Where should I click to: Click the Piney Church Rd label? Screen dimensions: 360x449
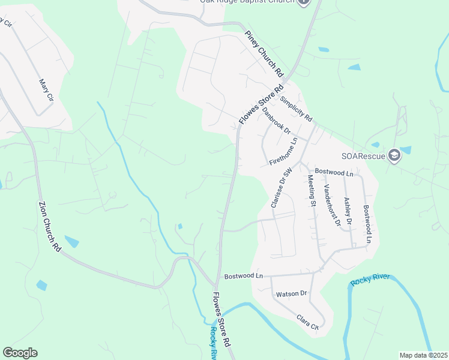tap(264, 53)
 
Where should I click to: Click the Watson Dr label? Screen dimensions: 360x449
tap(291, 294)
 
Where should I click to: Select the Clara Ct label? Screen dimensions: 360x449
tap(307, 322)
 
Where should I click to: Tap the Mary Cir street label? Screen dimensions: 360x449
tap(46, 91)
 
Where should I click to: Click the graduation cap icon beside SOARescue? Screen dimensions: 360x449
tap(394, 156)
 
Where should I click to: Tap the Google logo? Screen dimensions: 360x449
tap(20, 352)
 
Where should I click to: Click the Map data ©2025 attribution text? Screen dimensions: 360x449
tap(423, 355)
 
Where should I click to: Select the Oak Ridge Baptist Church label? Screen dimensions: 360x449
tap(247, 2)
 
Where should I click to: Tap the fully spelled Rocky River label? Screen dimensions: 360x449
tap(370, 280)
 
